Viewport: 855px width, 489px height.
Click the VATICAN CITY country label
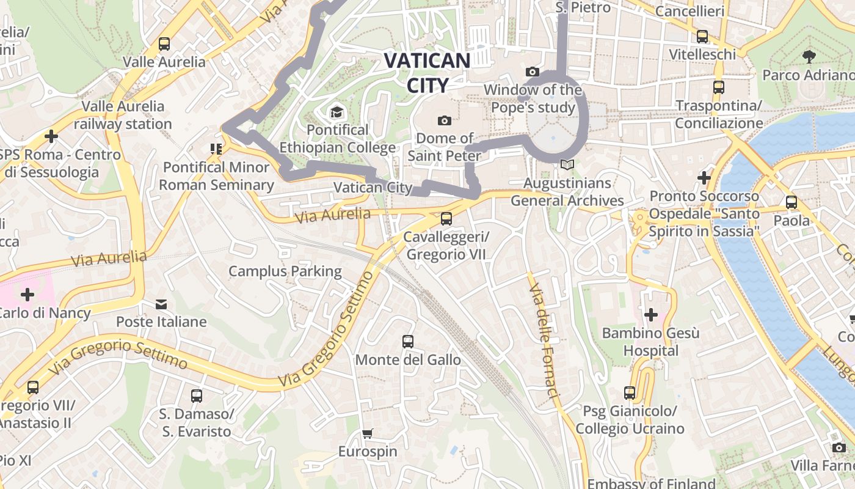point(427,73)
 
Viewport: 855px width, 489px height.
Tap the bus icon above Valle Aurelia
point(164,44)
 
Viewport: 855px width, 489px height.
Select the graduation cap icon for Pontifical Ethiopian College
point(336,112)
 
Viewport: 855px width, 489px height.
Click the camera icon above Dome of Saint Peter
point(444,120)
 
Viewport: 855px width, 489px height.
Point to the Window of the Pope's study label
point(533,98)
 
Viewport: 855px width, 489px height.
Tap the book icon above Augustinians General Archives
point(567,165)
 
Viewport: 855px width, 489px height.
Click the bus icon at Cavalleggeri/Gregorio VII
point(446,219)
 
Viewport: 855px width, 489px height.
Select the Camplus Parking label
point(285,271)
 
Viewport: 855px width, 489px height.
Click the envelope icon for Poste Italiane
point(161,304)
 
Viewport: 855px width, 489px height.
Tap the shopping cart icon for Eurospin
point(367,434)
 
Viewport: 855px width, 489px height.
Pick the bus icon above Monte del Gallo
point(408,342)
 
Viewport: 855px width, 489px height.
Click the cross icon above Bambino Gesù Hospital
point(651,315)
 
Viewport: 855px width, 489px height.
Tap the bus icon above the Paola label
point(791,202)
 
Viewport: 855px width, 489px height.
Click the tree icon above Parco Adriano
point(809,57)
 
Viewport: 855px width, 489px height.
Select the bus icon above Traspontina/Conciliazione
point(719,87)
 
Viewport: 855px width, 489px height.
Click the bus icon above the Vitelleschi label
point(702,37)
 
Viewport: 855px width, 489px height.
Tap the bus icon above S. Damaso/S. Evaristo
point(196,396)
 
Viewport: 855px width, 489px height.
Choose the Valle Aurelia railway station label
point(123,115)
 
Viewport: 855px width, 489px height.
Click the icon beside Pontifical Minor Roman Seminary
point(216,149)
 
